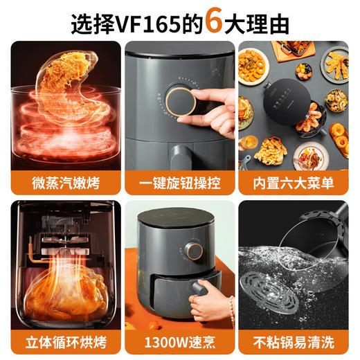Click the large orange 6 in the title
[215, 20]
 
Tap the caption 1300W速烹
[180, 342]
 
